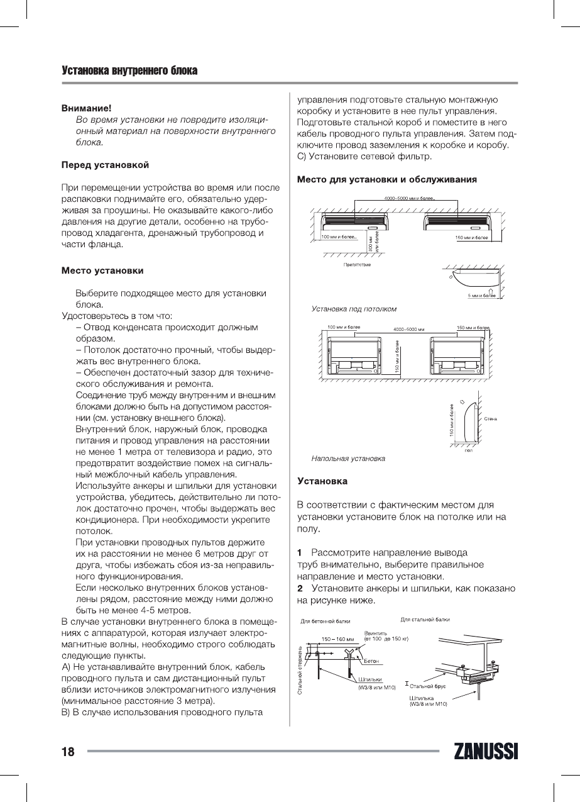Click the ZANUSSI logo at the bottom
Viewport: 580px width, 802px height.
(484, 752)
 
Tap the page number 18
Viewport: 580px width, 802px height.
(68, 752)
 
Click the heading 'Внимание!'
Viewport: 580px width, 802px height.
(86, 108)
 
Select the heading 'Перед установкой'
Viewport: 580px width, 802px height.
(104, 165)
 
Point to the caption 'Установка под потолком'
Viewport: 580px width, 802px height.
(354, 309)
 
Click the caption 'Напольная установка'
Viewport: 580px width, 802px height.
(348, 459)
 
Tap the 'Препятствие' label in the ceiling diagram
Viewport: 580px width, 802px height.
(357, 265)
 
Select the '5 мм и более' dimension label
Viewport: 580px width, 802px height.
(481, 295)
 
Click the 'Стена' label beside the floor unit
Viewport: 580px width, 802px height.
(491, 418)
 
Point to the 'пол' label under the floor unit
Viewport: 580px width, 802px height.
(468, 450)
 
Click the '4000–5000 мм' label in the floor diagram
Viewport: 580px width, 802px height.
(409, 329)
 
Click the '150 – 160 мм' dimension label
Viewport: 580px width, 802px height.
(338, 638)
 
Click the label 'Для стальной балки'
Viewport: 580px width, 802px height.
(425, 620)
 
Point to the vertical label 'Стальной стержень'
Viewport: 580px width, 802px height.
(300, 670)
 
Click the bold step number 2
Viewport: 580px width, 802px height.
(300, 588)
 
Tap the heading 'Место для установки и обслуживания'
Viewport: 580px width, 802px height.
(386, 179)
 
